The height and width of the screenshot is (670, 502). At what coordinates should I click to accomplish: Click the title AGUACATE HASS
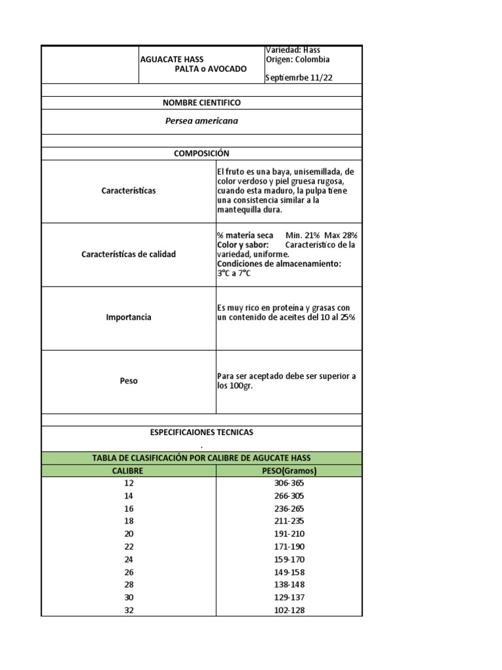click(x=172, y=59)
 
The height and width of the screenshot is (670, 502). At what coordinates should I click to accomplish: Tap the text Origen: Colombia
click(x=297, y=60)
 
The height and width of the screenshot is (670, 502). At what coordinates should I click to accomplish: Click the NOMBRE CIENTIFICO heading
click(x=201, y=103)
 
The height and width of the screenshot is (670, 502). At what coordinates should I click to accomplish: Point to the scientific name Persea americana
click(x=201, y=121)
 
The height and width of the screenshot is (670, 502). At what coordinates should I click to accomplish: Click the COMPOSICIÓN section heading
click(x=201, y=153)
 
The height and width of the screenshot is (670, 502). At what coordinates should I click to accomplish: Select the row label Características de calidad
click(x=129, y=254)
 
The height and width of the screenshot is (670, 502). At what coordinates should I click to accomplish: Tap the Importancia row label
click(x=129, y=317)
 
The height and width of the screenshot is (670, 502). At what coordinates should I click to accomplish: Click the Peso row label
click(x=129, y=381)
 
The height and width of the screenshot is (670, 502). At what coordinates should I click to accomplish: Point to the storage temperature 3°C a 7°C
click(x=234, y=273)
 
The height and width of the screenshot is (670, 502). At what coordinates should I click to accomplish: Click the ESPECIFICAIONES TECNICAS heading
click(x=201, y=432)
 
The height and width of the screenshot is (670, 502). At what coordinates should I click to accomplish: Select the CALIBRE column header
click(x=128, y=470)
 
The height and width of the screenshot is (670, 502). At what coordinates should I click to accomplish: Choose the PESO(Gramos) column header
click(x=289, y=470)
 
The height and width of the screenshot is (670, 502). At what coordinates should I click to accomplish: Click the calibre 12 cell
click(x=128, y=483)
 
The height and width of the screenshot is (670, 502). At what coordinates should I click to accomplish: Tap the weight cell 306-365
click(x=289, y=483)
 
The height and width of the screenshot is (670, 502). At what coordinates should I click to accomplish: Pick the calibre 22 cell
click(x=128, y=546)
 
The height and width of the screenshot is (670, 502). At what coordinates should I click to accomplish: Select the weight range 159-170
click(x=289, y=559)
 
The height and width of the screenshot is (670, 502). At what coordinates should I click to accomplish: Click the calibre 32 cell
click(x=128, y=610)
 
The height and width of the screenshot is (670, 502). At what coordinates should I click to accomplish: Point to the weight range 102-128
click(x=289, y=610)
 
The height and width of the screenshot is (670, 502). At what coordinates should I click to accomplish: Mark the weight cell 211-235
click(x=289, y=521)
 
